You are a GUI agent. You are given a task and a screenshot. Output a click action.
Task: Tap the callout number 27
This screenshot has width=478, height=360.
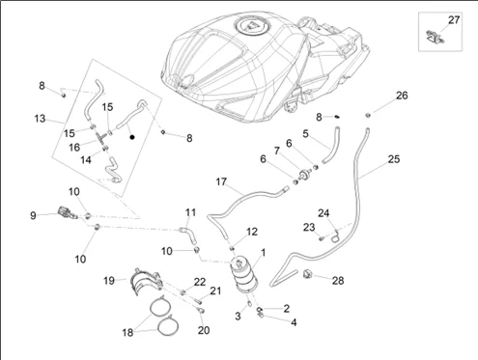(454, 20)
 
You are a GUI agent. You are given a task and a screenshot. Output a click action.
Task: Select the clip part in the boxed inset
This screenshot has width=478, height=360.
(435, 37)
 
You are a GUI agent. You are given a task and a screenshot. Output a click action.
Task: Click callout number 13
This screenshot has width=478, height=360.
(40, 119)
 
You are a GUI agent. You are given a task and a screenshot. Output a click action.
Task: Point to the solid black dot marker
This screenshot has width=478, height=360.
(132, 137)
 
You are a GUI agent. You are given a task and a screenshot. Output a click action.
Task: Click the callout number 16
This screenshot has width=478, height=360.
(74, 148)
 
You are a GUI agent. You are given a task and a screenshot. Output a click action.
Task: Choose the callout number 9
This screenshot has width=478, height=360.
(33, 215)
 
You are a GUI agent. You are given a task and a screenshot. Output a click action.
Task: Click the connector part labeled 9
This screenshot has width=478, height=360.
(67, 212)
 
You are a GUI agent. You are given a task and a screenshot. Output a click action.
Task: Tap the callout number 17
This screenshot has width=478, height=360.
(221, 182)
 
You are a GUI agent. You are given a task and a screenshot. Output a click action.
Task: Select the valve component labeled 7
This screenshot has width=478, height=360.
(303, 175)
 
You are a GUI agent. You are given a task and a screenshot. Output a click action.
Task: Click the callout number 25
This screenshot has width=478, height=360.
(394, 159)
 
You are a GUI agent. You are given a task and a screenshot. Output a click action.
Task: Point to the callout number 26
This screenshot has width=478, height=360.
(402, 96)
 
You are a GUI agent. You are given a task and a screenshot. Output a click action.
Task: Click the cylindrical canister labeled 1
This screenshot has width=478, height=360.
(243, 274)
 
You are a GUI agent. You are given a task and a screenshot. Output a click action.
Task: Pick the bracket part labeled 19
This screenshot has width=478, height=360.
(146, 281)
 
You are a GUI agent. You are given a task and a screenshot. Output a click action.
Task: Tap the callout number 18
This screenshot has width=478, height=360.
(127, 332)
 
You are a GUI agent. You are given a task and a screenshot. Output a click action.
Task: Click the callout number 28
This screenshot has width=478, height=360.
(338, 281)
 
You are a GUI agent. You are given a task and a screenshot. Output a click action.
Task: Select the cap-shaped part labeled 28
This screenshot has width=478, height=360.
(307, 274)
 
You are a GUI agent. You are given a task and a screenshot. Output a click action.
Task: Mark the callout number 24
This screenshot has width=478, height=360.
(323, 213)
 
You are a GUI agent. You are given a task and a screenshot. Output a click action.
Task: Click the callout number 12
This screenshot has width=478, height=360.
(252, 232)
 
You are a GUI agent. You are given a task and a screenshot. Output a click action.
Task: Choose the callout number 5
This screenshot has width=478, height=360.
(305, 133)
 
